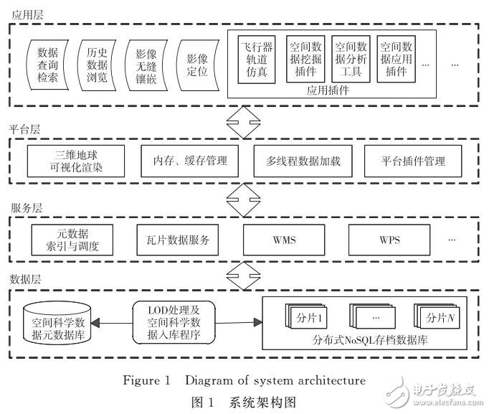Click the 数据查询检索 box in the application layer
pyautogui.click(x=48, y=65)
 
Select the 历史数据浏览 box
pyautogui.click(x=97, y=65)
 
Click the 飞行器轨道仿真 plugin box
pyautogui.click(x=257, y=60)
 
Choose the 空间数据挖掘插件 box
pyautogui.click(x=305, y=60)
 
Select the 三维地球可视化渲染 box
pyautogui.click(x=75, y=161)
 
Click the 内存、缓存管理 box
pyautogui.click(x=185, y=161)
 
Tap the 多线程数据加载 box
pyautogui.click(x=298, y=161)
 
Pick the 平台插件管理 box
pyautogui.click(x=414, y=161)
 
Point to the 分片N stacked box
pyautogui.click(x=437, y=316)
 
